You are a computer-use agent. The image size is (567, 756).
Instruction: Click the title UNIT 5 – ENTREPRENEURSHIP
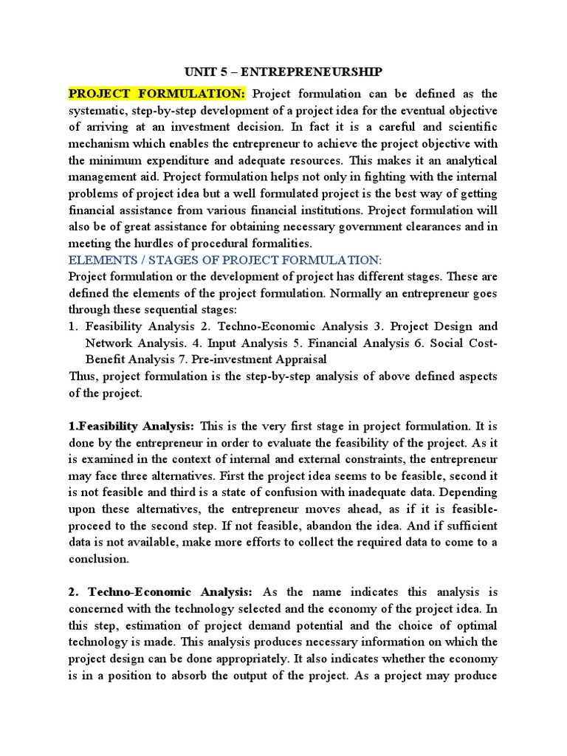tap(283, 72)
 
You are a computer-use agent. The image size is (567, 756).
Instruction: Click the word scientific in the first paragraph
tap(468, 127)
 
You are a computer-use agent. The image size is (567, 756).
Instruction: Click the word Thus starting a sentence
tap(83, 376)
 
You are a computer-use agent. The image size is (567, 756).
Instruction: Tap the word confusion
tap(309, 492)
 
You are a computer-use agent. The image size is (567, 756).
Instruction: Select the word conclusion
tap(98, 559)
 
